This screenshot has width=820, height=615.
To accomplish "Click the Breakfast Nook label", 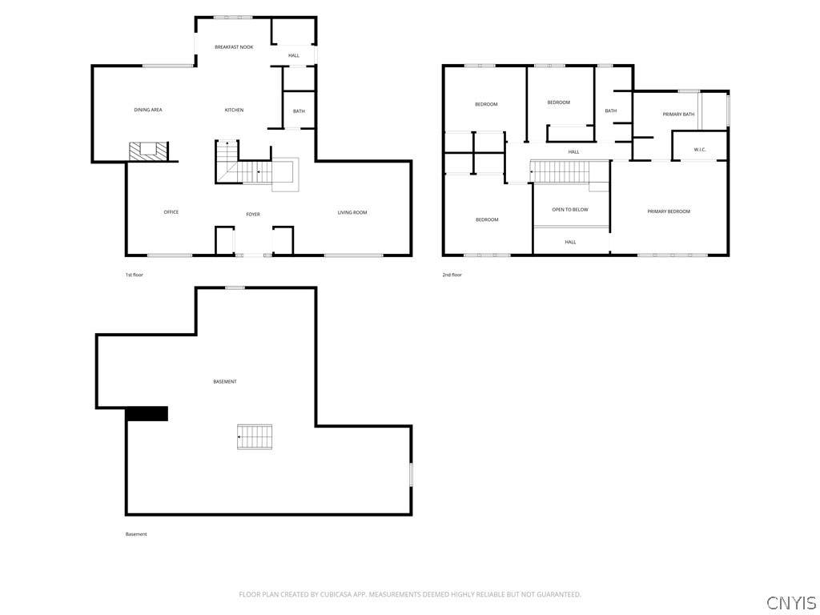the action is (234, 47).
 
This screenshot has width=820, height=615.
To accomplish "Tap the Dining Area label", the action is (148, 110).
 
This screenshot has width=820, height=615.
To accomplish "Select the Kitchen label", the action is (234, 110).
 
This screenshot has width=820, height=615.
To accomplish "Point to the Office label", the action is (171, 211).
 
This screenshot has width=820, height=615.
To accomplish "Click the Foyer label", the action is (253, 215).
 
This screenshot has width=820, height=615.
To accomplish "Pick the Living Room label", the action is (352, 212).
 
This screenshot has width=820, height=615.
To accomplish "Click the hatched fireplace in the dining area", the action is (148, 151).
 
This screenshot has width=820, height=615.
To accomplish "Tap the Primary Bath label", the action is (678, 114).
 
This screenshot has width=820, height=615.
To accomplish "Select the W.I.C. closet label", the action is (700, 150).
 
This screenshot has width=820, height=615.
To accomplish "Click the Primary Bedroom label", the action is (669, 211).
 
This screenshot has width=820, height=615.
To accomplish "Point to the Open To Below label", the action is (570, 210).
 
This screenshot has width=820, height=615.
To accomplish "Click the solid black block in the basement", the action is (147, 414).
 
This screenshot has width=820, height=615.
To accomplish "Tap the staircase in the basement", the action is (255, 436).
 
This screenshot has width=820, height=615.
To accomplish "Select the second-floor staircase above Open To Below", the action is (560, 171).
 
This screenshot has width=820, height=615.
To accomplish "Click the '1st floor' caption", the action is (134, 275).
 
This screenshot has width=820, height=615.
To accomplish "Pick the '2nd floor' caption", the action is (452, 275).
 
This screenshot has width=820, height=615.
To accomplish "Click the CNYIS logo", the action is (791, 602).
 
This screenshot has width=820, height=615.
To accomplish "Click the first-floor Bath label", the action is (299, 111).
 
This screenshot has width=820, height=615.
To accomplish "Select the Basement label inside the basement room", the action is (225, 382).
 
